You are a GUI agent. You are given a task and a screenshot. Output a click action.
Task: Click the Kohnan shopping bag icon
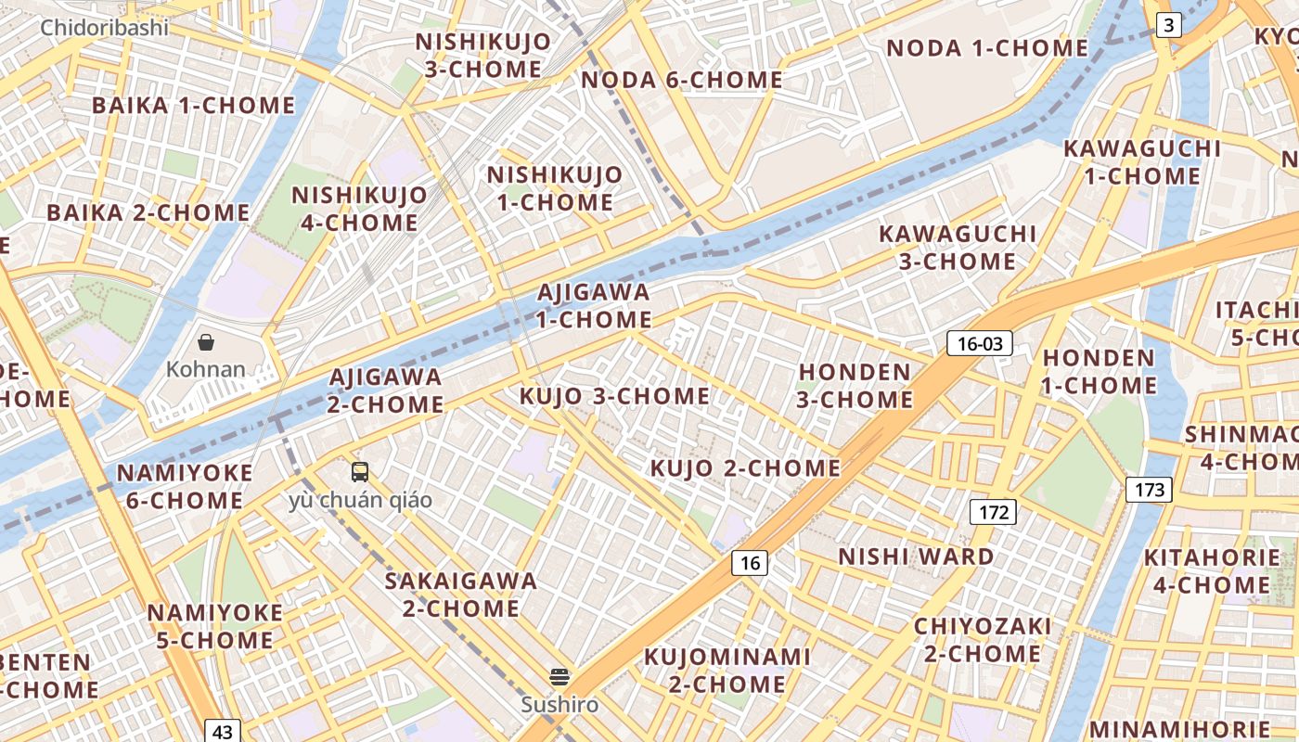pos(206,342)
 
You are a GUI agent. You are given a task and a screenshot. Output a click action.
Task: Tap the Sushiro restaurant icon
pos(559,676)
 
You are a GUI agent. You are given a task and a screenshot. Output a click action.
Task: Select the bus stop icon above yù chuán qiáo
pos(360,472)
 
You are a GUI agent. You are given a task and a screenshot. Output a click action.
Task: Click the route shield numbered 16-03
pos(980,344)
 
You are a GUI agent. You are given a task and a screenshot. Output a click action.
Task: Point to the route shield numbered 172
pos(993,511)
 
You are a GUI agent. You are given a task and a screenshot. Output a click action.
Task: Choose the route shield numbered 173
pos(1149,490)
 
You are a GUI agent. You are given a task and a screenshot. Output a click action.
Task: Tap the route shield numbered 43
pos(222,731)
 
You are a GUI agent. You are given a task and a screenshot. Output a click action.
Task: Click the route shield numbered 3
pos(1169,25)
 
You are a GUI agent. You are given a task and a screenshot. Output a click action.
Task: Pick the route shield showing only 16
pos(750,562)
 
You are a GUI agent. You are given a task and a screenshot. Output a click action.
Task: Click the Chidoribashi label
pos(104,28)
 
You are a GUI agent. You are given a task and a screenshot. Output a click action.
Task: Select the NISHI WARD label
pos(916,556)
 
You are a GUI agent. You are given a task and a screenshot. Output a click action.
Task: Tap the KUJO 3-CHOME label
pos(614,397)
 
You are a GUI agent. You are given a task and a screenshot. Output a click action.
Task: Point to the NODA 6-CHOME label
pos(681,80)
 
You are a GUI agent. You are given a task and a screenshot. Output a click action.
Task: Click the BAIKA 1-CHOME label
pos(193,106)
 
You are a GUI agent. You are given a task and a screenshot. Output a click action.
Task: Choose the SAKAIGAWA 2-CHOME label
pos(461,595)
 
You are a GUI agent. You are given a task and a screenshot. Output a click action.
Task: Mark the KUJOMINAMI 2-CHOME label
pos(727,671)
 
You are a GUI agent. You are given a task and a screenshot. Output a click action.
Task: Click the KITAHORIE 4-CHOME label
pos(1211,571)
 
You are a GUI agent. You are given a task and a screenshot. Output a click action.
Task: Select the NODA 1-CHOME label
pos(987,48)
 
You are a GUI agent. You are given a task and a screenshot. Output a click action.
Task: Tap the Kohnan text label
pos(206,369)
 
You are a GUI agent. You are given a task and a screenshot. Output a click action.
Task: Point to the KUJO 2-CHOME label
pos(745,468)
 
